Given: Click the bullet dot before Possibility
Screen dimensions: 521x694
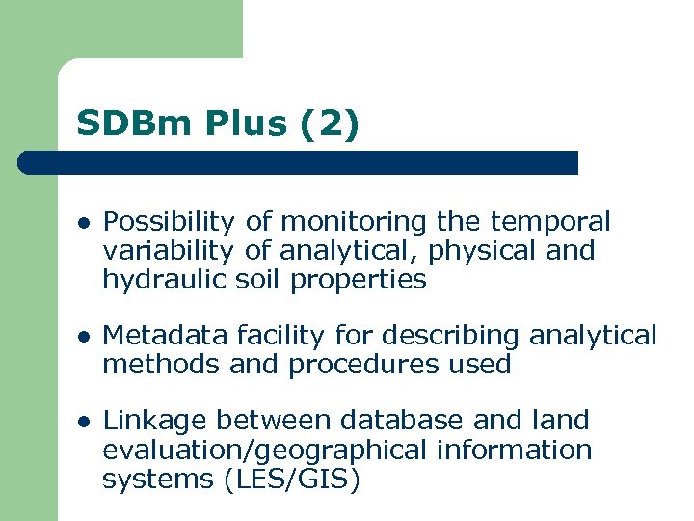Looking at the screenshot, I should click(x=84, y=223).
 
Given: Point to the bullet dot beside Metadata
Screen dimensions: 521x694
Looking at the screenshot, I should click(x=84, y=337).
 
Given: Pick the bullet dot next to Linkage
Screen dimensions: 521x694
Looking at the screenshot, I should click(x=84, y=422).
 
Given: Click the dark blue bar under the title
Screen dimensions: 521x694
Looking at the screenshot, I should click(x=299, y=162).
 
